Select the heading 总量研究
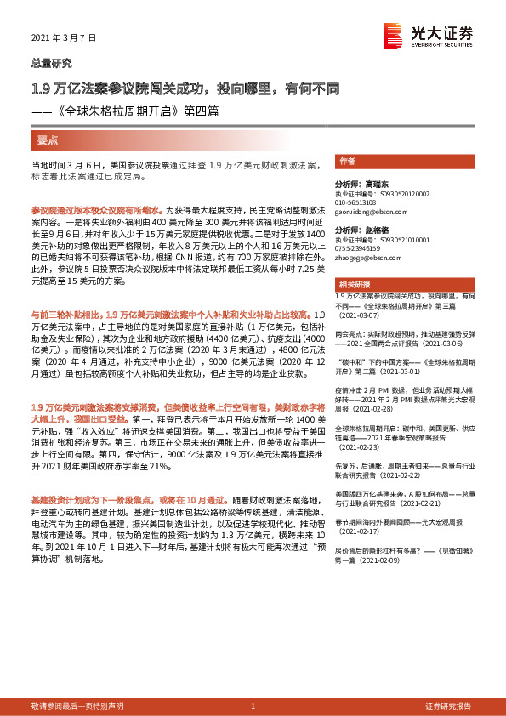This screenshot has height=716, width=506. click(52, 62)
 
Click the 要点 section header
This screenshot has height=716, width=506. click(48, 139)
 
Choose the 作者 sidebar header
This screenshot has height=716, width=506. click(347, 161)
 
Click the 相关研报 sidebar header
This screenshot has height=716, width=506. click(353, 283)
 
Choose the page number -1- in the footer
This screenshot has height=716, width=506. click(253, 707)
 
